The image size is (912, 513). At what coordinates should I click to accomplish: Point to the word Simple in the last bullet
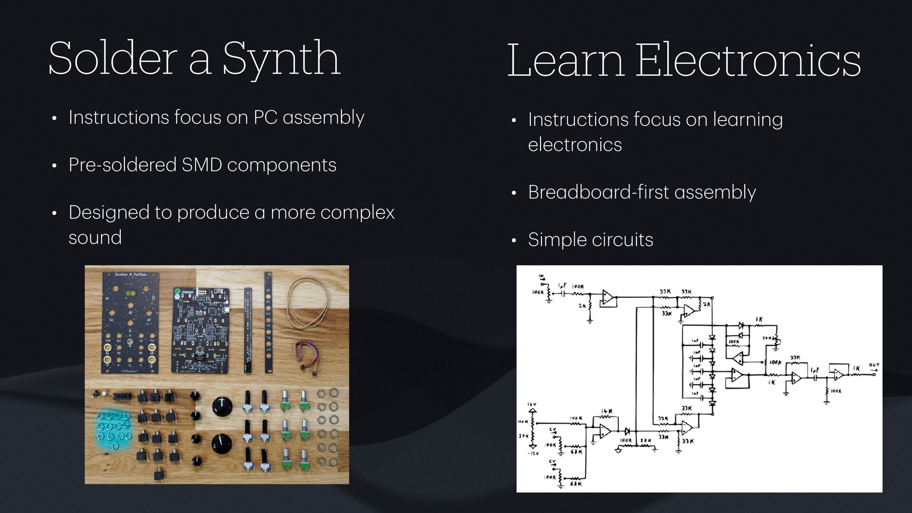pos(553,240)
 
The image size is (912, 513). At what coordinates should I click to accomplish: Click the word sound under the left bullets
pos(95,237)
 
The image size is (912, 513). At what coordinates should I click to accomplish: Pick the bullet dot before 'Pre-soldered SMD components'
pos(55,166)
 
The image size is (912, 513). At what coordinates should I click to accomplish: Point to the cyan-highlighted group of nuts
pos(113,430)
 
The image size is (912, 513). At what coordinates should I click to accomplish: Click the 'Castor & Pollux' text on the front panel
pos(131,275)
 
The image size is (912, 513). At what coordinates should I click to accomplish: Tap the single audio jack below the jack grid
pos(159,473)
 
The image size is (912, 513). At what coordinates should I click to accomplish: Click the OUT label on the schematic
pos(874,365)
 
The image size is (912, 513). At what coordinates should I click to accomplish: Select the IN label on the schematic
pos(541,276)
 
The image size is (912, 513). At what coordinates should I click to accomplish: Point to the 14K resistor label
pos(607,411)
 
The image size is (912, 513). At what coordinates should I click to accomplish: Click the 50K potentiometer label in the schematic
pos(768,338)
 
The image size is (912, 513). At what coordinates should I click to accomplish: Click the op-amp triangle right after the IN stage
pos(608,297)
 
